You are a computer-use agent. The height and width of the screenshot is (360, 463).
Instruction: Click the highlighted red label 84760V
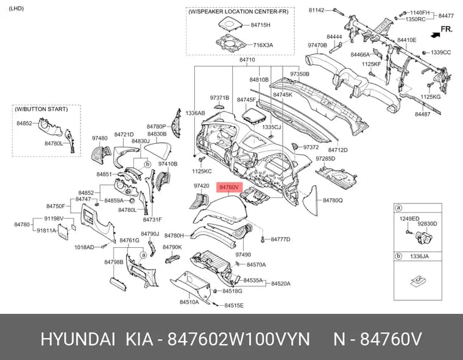click(x=230, y=187)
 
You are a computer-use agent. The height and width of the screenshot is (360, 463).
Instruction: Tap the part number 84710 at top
click(x=247, y=60)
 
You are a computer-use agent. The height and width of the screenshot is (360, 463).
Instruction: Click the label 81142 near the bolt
click(x=317, y=10)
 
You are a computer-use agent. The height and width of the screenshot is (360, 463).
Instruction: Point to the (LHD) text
click(x=16, y=9)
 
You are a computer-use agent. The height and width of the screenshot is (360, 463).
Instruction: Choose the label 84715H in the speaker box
click(x=261, y=25)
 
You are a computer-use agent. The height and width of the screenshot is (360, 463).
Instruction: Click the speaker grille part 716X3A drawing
click(x=231, y=43)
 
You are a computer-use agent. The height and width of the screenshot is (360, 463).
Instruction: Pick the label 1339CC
click(x=440, y=52)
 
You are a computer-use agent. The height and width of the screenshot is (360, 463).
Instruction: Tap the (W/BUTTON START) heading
click(x=41, y=109)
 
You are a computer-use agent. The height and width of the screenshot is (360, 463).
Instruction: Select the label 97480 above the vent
click(x=99, y=138)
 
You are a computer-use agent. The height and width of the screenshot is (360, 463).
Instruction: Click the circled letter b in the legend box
click(x=398, y=256)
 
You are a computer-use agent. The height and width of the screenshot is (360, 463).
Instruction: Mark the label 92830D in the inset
click(x=427, y=224)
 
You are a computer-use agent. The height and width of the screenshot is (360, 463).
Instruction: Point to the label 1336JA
click(x=419, y=256)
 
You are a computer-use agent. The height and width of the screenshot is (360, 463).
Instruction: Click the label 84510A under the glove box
click(x=189, y=302)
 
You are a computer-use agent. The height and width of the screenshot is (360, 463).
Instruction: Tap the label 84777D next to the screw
click(x=280, y=239)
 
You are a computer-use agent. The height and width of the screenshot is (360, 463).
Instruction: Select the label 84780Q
click(x=333, y=200)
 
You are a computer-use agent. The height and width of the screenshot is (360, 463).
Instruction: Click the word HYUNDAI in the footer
click(x=77, y=339)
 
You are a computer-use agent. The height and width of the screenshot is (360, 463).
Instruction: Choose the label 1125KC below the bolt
click(x=202, y=171)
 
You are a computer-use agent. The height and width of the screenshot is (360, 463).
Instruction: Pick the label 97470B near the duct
click(x=317, y=45)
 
